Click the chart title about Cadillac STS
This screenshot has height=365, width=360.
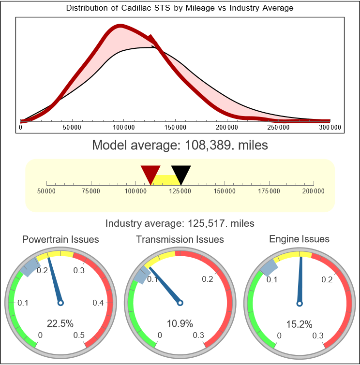tap(180, 8)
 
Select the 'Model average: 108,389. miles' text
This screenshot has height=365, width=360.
tap(180, 145)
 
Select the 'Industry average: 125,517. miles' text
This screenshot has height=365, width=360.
tap(180, 223)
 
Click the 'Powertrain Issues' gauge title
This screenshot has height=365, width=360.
tap(60, 239)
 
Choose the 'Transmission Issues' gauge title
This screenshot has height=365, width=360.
tap(180, 239)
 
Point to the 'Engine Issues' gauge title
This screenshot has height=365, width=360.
tap(299, 239)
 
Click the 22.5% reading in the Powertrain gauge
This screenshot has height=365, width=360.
tap(60, 323)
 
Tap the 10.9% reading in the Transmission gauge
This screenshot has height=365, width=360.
tap(180, 323)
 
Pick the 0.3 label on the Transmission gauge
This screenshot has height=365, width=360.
tap(198, 335)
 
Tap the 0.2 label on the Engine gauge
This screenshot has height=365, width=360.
tap(327, 279)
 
